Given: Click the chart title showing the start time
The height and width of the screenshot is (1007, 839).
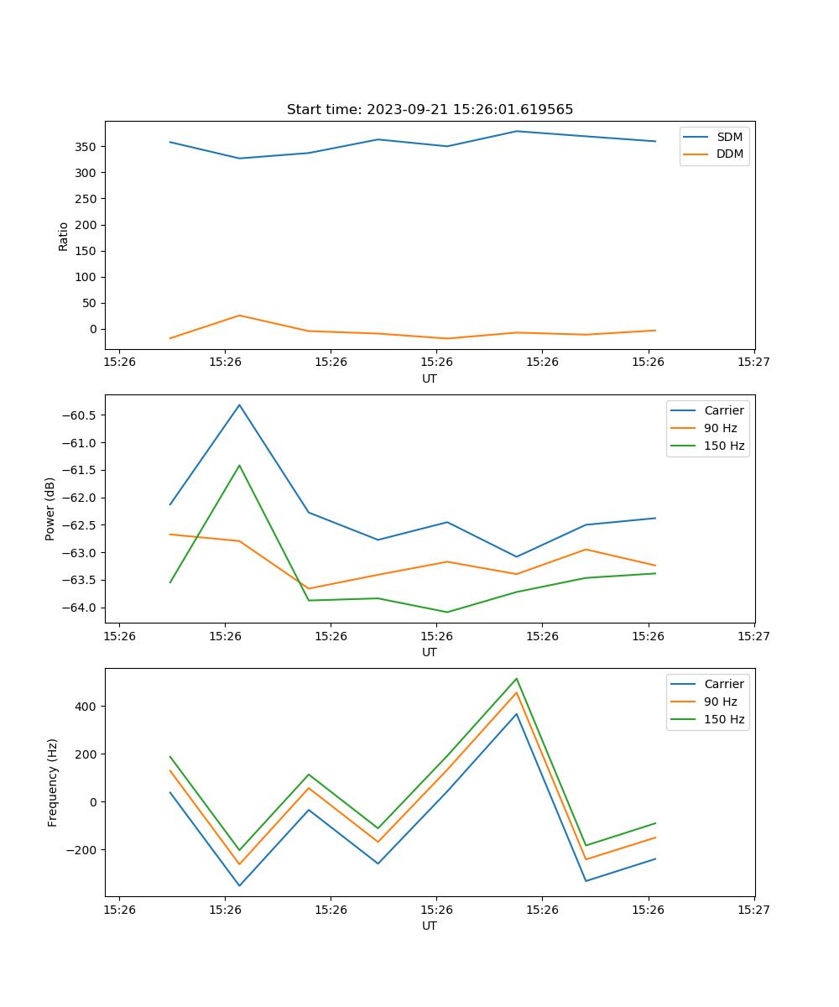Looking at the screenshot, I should pos(430,110).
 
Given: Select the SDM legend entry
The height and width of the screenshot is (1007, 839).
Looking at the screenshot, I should pos(729,137).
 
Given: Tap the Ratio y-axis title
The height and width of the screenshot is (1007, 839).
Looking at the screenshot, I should pos(64,236).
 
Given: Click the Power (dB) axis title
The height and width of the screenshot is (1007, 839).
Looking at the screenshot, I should pos(50,509).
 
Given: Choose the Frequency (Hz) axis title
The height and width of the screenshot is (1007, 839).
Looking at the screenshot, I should pos(53,782).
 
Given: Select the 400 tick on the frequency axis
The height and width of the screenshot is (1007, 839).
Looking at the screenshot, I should pos(86,707).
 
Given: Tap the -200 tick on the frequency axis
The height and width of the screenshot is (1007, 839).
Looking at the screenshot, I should pos(81,850).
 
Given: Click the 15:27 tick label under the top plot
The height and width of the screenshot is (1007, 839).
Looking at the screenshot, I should pos(753,363).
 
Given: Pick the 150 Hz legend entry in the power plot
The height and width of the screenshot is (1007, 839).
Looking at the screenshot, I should pos(723,446).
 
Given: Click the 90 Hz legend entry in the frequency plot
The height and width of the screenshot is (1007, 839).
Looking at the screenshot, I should pos(720,702).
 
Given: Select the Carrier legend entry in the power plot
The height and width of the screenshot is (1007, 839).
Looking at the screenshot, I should pos(723,410).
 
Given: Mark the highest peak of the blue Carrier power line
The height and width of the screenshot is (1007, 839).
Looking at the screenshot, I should pos(239,405).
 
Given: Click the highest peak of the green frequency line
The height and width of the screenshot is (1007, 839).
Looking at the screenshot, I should pos(517,678).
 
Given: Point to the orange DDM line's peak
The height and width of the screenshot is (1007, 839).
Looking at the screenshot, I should pos(239,316).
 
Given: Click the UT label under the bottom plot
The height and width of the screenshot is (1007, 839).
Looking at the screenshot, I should pos(430,926).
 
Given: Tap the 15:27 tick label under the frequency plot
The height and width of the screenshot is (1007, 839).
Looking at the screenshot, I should pos(753,910).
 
